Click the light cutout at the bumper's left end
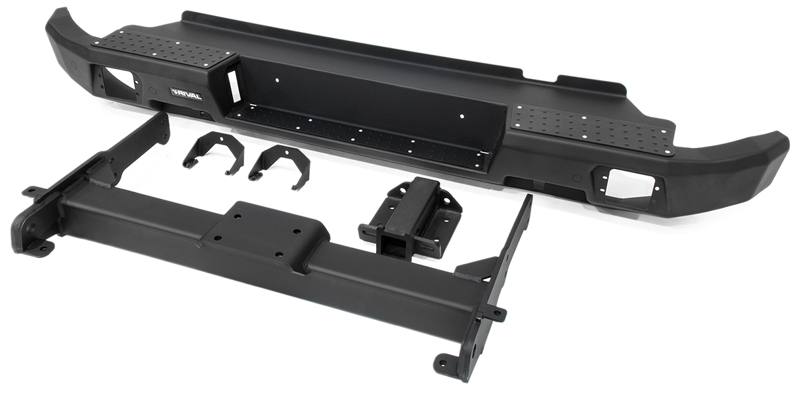coord(117,84)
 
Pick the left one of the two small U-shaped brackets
coord(214,152)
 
